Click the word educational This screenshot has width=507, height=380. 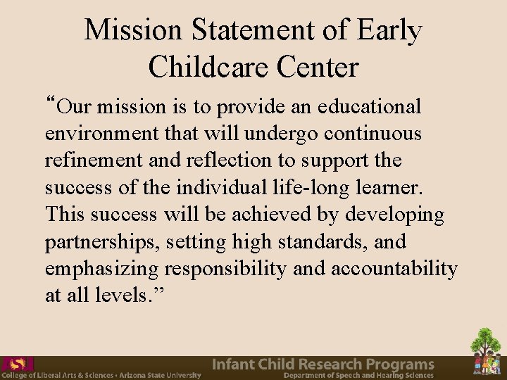(x=370, y=107)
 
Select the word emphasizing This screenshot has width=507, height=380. (x=101, y=269)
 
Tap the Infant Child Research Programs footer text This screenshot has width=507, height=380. (x=323, y=365)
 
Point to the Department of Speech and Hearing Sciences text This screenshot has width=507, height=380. (x=358, y=376)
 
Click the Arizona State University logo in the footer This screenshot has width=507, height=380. (x=17, y=365)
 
